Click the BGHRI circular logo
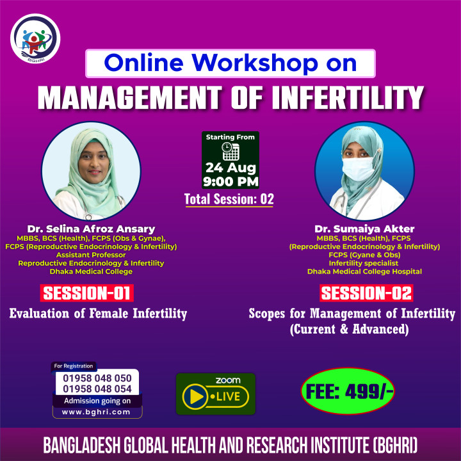pos(35,38)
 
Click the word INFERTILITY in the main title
pos(348,98)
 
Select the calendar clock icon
pos(230,151)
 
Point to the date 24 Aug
pos(230,168)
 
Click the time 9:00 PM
pos(230,181)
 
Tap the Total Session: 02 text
pos(229,199)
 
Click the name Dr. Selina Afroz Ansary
pos(91,229)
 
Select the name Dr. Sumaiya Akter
pos(364,229)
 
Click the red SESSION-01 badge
pos(86,293)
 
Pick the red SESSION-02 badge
pos(366,293)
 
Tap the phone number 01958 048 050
pos(97,378)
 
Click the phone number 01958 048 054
pos(97,389)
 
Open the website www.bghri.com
pos(96,412)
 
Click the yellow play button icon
pos(195,396)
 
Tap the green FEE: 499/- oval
pos(348,391)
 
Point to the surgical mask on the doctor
pos(358,169)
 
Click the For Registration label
pos(74,366)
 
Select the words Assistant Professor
pos(91,255)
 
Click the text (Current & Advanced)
pos(350,329)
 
